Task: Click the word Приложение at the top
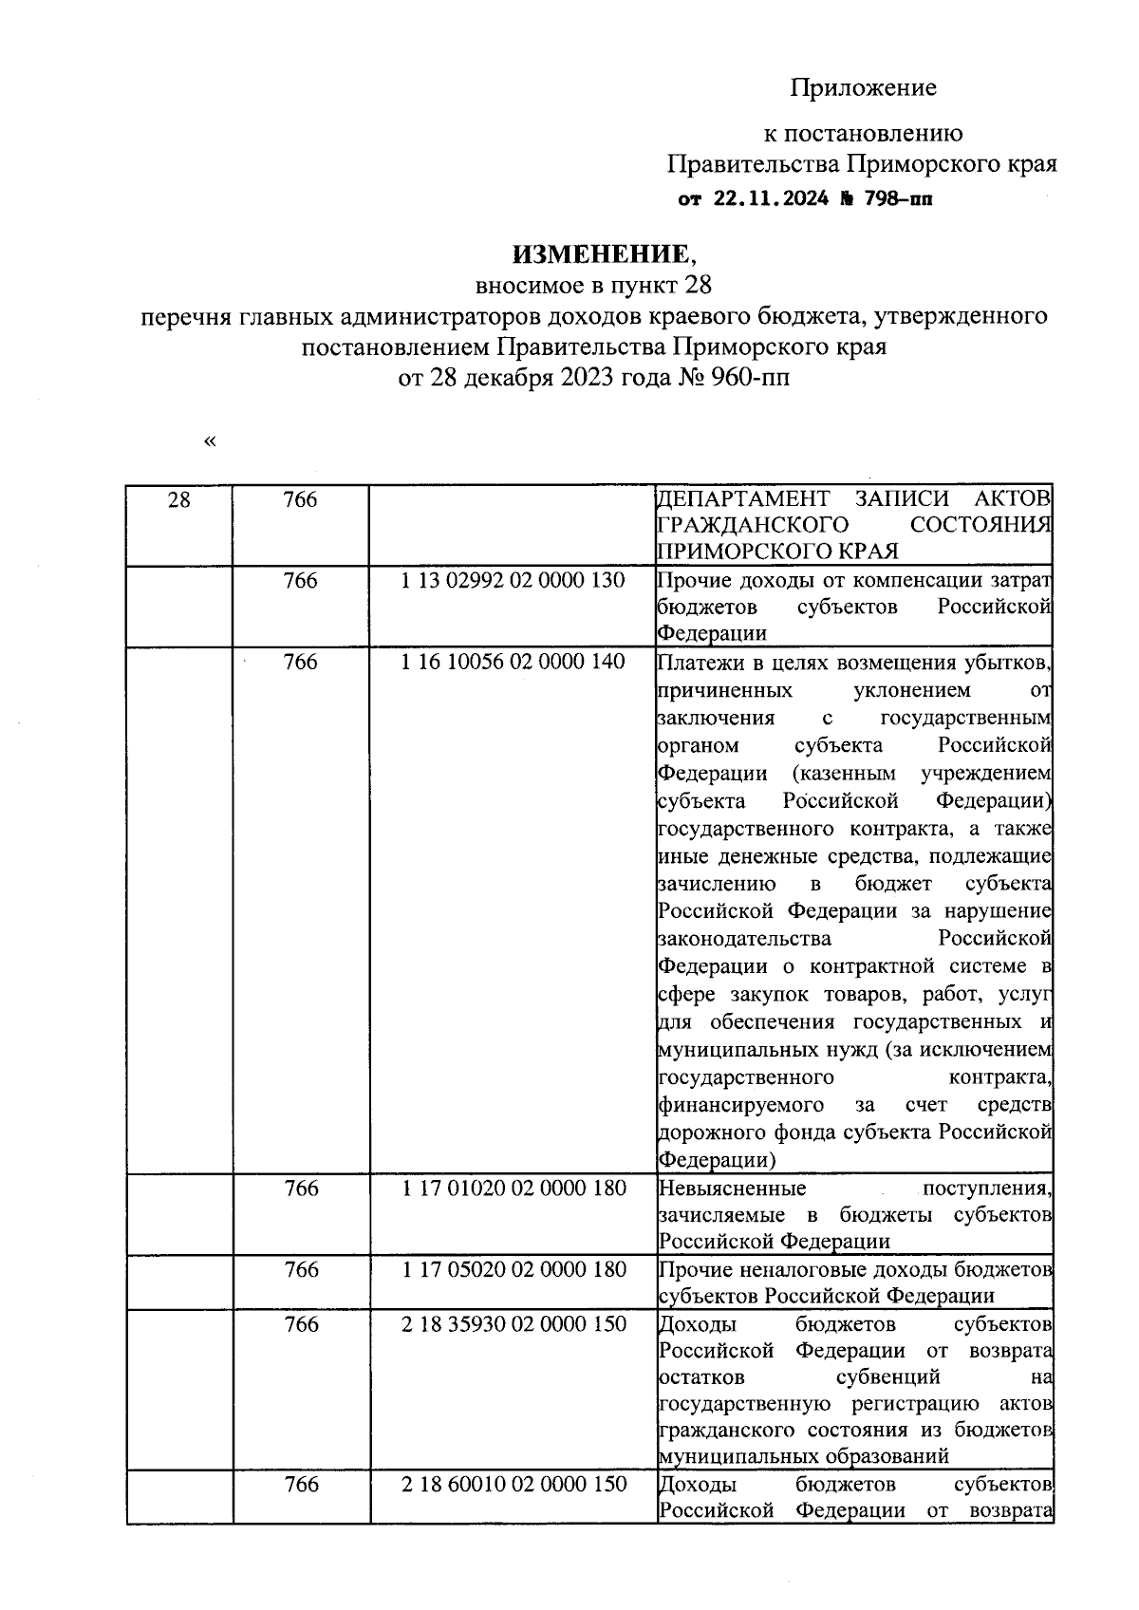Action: [x=863, y=88]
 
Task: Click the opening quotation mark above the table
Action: [x=209, y=441]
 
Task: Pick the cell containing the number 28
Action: [x=178, y=500]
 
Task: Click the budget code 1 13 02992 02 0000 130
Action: [x=513, y=580]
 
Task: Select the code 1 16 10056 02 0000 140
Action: [x=513, y=662]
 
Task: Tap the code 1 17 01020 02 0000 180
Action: [x=513, y=1188]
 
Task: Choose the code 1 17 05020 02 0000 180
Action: [x=513, y=1269]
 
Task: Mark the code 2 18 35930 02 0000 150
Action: [x=513, y=1323]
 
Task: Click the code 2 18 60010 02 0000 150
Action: [x=513, y=1484]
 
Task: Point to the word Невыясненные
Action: [x=733, y=1189]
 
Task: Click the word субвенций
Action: [x=887, y=1376]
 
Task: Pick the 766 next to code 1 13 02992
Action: [x=300, y=580]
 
